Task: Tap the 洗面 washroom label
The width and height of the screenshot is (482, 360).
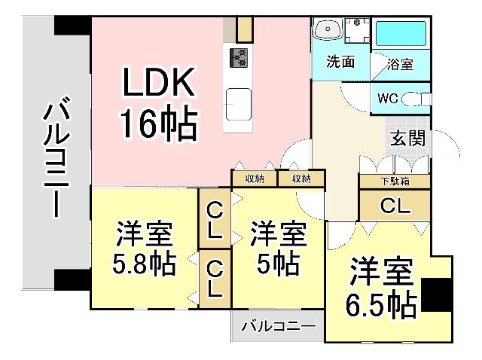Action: point(340,62)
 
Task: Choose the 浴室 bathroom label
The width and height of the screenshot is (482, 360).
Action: point(400,64)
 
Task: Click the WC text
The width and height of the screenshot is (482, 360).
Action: point(389,99)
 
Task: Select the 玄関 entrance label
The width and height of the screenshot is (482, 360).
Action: point(407,138)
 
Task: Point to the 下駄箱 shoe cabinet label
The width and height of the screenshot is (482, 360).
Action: point(394,181)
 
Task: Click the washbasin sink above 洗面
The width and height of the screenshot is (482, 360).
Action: point(329,29)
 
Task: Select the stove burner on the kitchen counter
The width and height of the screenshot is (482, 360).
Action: point(239,58)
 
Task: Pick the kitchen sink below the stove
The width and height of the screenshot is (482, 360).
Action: point(239,100)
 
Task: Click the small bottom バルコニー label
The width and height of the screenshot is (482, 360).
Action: point(278,328)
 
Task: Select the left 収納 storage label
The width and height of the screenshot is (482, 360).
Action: point(254,178)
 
